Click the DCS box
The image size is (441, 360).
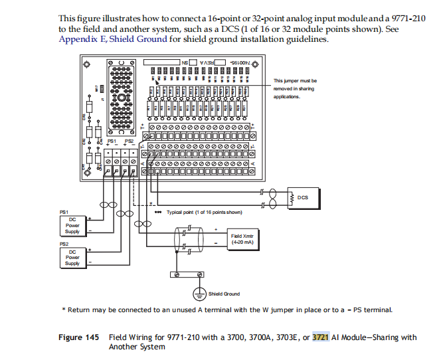(x=301, y=197)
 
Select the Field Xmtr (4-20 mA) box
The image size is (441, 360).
(x=241, y=239)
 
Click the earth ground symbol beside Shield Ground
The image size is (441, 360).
(x=197, y=292)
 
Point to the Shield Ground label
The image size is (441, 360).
(x=224, y=293)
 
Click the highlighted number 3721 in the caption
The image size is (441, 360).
(x=321, y=337)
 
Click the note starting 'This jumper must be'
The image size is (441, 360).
(x=296, y=88)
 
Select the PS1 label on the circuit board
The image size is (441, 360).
(x=112, y=141)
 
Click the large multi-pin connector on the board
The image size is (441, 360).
(x=122, y=97)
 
